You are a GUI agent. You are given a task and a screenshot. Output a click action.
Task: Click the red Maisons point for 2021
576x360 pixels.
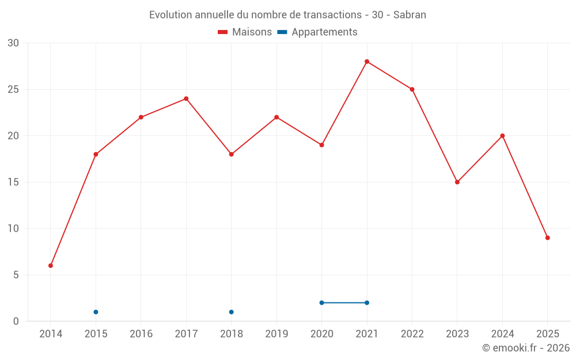(x=367, y=62)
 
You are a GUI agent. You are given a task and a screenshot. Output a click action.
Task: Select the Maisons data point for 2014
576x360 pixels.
(x=51, y=266)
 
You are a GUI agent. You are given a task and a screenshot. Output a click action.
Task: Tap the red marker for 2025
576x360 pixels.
(x=547, y=238)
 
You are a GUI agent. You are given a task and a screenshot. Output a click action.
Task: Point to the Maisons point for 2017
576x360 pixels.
(x=186, y=98)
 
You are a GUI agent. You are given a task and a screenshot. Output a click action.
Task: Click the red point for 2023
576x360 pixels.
(x=457, y=182)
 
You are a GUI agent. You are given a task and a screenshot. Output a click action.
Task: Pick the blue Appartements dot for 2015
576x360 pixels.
(x=96, y=312)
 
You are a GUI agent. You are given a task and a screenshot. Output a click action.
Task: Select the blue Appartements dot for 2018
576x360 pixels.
(x=232, y=312)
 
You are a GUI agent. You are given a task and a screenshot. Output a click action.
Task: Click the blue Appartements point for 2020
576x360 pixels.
(x=322, y=303)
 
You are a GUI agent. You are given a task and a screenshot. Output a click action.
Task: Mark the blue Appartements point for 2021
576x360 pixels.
(x=367, y=303)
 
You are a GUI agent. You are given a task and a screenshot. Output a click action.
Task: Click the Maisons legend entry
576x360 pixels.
(x=245, y=32)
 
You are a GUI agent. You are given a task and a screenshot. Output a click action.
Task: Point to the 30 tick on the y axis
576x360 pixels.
(x=13, y=43)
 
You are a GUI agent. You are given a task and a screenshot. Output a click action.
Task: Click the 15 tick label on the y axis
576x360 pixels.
(x=13, y=183)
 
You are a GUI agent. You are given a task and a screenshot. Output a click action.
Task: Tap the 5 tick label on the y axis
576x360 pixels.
(x=16, y=275)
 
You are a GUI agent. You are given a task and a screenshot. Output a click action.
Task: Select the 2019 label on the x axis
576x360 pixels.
(x=276, y=334)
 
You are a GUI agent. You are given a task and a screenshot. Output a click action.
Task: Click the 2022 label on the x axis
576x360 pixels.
(x=412, y=334)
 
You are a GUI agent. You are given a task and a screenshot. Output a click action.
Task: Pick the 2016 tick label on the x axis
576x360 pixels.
(x=141, y=334)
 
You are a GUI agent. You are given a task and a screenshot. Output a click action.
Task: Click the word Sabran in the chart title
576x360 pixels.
(x=410, y=15)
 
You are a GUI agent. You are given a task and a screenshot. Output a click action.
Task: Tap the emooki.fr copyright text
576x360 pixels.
(x=526, y=348)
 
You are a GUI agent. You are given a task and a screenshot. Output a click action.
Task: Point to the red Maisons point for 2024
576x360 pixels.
(x=502, y=136)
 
